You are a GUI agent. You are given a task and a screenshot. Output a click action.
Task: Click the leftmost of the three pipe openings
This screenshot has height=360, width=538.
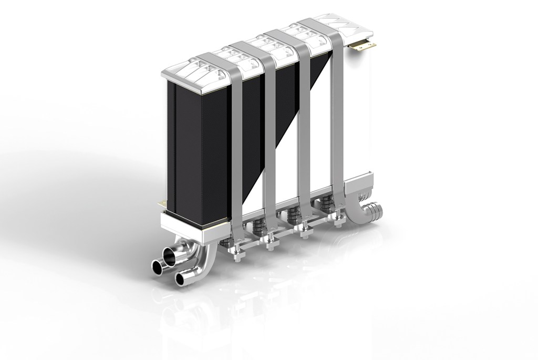click(x=157, y=266)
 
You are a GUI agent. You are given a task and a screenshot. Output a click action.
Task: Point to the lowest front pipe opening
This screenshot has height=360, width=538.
click(x=182, y=278)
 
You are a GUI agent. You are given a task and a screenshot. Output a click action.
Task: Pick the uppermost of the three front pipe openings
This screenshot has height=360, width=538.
click(x=172, y=256)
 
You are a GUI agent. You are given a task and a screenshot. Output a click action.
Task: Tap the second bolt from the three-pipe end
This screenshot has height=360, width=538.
click(x=271, y=245)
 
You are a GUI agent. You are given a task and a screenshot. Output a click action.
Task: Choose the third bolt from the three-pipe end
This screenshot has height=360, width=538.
click(x=304, y=233)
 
